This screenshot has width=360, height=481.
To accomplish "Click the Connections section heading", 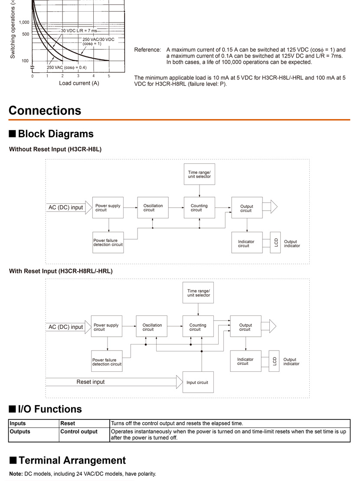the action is (x=45, y=110).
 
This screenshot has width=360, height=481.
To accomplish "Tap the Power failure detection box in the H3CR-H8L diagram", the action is (x=108, y=242).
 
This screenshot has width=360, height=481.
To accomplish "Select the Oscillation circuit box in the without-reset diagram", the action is (x=153, y=208).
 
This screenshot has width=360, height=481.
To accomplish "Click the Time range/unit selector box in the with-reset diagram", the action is (x=198, y=292).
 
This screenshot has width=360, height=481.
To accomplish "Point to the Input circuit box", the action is (x=198, y=382).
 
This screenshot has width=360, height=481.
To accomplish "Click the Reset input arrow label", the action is (x=91, y=382).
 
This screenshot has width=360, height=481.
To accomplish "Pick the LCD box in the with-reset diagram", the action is (x=274, y=361).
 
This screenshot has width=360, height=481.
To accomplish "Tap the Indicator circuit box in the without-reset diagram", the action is (x=247, y=242).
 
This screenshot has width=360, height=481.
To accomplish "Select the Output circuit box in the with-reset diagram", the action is (x=246, y=326).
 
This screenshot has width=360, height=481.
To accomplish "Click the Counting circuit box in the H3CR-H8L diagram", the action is (x=200, y=208).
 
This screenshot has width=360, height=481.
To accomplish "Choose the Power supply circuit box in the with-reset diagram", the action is (x=107, y=326).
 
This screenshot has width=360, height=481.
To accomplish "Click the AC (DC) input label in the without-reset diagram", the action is (x=66, y=208).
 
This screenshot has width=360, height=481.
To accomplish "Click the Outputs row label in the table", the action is (x=20, y=431).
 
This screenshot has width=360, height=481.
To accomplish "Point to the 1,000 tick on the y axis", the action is (x=24, y=23).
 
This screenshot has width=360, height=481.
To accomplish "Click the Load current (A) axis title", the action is (x=79, y=83).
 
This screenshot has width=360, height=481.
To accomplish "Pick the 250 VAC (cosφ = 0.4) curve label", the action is (x=67, y=68).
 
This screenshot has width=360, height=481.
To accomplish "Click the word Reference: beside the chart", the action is (x=147, y=50).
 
